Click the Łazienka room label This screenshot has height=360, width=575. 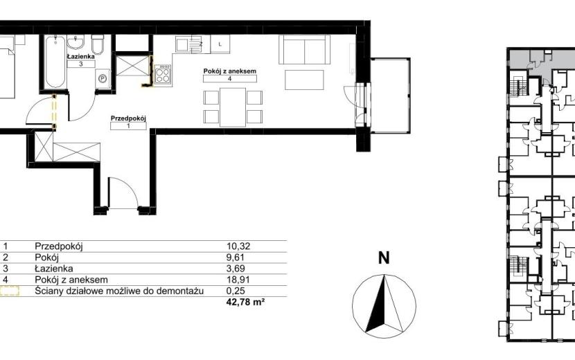tap(81, 57)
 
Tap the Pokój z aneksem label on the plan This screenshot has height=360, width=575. tap(230, 71)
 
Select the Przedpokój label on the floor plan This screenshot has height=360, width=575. tap(128, 118)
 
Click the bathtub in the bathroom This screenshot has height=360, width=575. tap(55, 62)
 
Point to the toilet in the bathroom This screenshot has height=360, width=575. tap(98, 44)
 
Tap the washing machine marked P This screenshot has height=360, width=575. tap(103, 78)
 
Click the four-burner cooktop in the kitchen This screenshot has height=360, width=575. tap(163, 75)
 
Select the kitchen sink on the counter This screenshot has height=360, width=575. tap(188, 44)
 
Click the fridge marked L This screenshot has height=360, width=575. tap(220, 44)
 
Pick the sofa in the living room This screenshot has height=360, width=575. tap(305, 49)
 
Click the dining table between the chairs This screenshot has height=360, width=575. tap(233, 107)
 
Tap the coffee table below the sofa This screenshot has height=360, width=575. tap(304, 80)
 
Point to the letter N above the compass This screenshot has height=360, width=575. tap(384, 258)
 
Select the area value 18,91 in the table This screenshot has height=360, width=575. tap(238, 280)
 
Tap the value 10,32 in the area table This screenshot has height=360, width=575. tap(238, 246)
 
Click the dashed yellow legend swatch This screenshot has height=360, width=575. tap(9, 291)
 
